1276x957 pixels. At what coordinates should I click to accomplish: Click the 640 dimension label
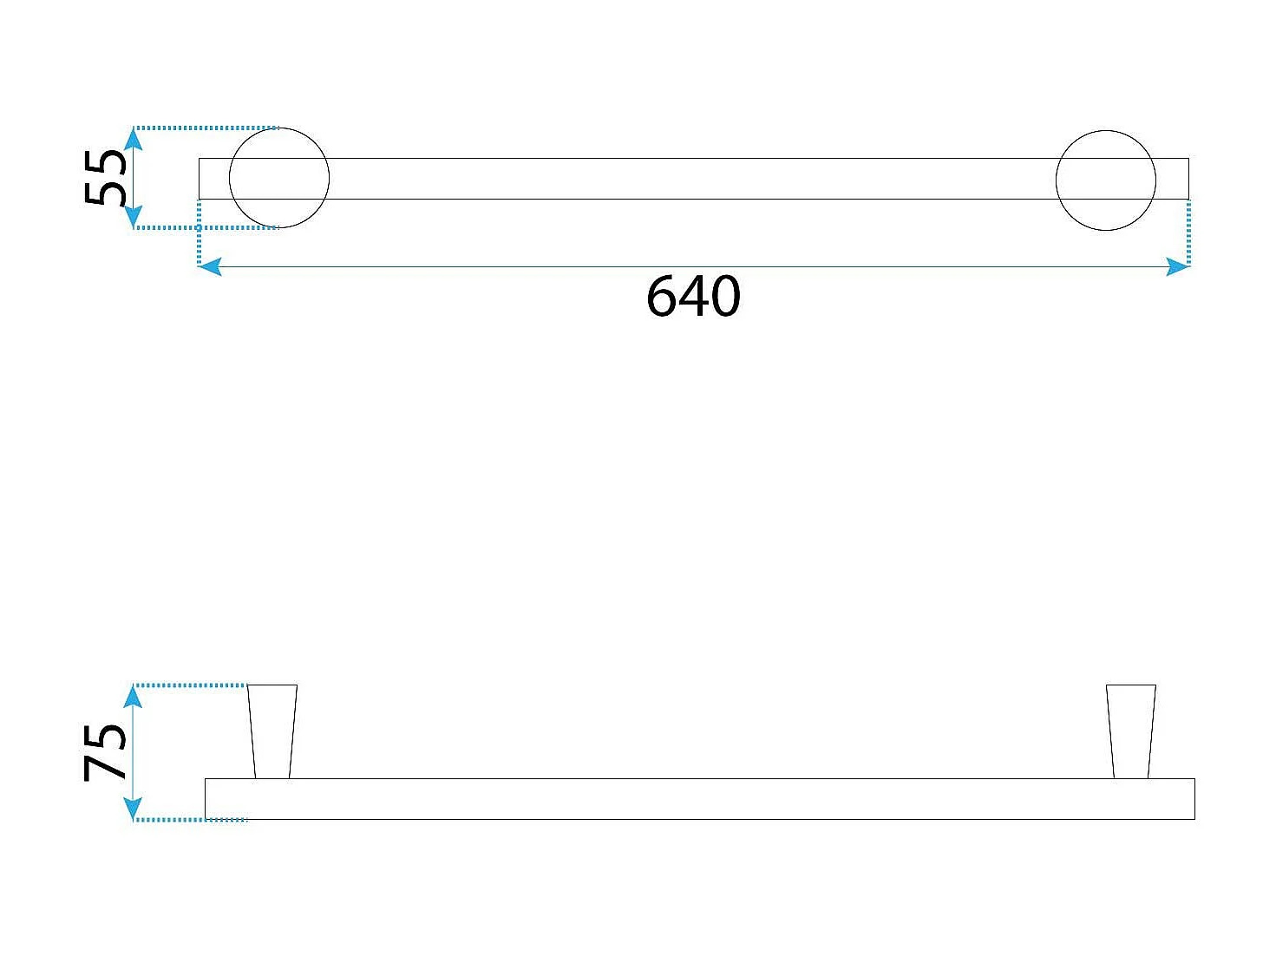693,297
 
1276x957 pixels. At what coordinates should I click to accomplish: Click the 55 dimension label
106,178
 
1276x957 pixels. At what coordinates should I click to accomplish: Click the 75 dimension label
106,751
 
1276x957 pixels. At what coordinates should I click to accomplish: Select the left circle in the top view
279,178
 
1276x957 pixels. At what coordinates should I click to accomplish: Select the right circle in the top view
1105,180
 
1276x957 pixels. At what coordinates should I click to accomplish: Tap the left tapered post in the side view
272,731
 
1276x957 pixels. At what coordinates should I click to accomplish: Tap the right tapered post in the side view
1131,731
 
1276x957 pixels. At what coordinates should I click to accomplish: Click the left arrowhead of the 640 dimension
209,267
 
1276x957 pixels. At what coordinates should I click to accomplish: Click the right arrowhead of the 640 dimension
1178,267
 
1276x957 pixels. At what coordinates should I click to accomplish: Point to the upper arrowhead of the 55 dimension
133,138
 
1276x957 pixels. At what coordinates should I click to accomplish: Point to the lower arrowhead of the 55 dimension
133,218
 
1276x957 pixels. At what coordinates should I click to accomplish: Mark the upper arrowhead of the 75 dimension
133,696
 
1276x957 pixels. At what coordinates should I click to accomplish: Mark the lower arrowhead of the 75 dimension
133,809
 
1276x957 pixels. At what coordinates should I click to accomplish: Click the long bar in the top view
694,179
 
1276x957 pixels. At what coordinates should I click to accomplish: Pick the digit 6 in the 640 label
662,297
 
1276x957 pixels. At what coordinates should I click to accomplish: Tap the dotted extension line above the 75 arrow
191,685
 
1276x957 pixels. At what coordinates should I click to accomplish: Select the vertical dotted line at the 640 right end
1188,232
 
